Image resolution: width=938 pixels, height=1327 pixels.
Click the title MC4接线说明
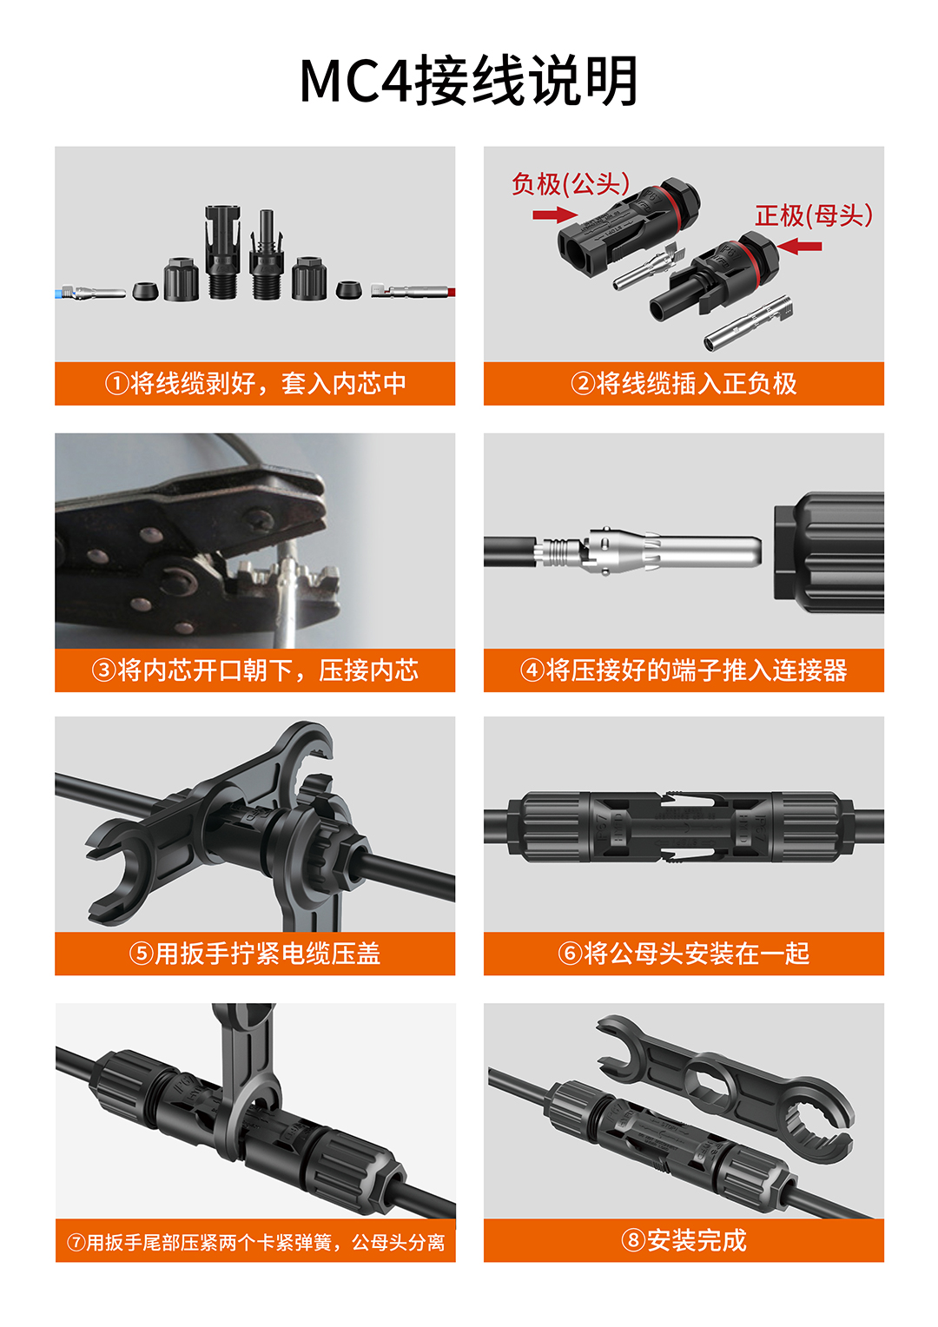[469, 81]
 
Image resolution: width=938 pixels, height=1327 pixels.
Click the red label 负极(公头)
[571, 184]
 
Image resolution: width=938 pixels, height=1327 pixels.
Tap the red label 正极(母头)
[814, 215]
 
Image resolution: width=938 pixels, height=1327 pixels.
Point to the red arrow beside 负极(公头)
[555, 215]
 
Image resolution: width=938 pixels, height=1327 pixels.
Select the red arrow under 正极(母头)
[799, 246]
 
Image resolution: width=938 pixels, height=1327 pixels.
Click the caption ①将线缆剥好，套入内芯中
[255, 383]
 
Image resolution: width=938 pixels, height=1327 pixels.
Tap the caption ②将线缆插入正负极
[684, 383]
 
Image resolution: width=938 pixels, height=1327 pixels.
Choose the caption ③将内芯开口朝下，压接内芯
[255, 670]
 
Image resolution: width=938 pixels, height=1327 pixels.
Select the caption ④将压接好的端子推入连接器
[684, 670]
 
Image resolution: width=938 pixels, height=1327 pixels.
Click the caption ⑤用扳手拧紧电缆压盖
[255, 954]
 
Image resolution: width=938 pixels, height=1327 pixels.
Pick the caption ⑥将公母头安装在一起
[684, 954]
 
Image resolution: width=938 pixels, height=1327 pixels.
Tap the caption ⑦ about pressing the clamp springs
[255, 1242]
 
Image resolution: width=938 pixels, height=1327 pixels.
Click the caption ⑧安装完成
[684, 1240]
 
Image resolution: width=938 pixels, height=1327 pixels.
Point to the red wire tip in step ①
[452, 292]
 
